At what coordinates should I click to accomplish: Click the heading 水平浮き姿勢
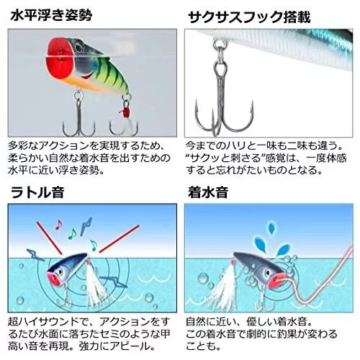click(x=51, y=16)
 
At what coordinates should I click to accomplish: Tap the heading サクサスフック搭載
click(x=249, y=17)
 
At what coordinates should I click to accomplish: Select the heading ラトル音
click(x=37, y=192)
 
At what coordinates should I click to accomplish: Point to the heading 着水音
click(x=208, y=192)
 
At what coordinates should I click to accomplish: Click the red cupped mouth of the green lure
click(x=60, y=58)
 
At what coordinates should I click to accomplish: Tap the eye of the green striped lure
click(x=78, y=48)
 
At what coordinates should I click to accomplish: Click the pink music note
click(x=58, y=225)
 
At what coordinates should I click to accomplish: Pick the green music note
click(x=72, y=234)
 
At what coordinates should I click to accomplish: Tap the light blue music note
click(x=94, y=246)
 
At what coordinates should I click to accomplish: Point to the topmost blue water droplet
click(x=271, y=228)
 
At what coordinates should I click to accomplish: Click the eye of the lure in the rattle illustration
click(x=60, y=272)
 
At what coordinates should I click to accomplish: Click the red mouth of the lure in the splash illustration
click(x=274, y=282)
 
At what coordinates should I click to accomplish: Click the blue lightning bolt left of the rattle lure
click(x=36, y=255)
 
